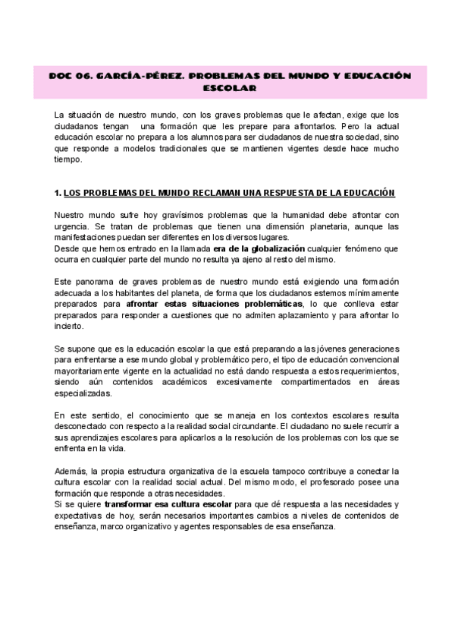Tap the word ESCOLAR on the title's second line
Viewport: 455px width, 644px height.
click(227, 89)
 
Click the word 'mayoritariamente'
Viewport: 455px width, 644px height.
click(89, 372)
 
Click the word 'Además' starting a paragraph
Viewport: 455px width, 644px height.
click(71, 471)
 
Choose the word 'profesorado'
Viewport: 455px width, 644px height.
click(328, 482)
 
